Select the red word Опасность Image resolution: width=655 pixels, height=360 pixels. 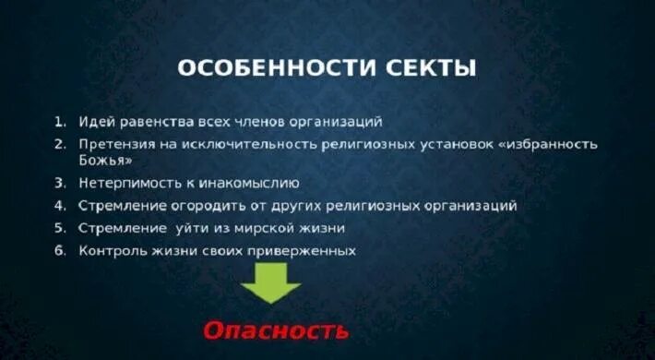277,330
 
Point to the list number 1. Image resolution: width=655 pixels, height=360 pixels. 59,122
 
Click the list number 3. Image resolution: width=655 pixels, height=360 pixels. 59,183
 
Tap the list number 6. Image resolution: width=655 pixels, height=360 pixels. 59,250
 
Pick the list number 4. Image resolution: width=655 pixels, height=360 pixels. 59,205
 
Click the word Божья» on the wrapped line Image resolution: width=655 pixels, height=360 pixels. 101,161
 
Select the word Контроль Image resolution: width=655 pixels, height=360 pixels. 109,250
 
